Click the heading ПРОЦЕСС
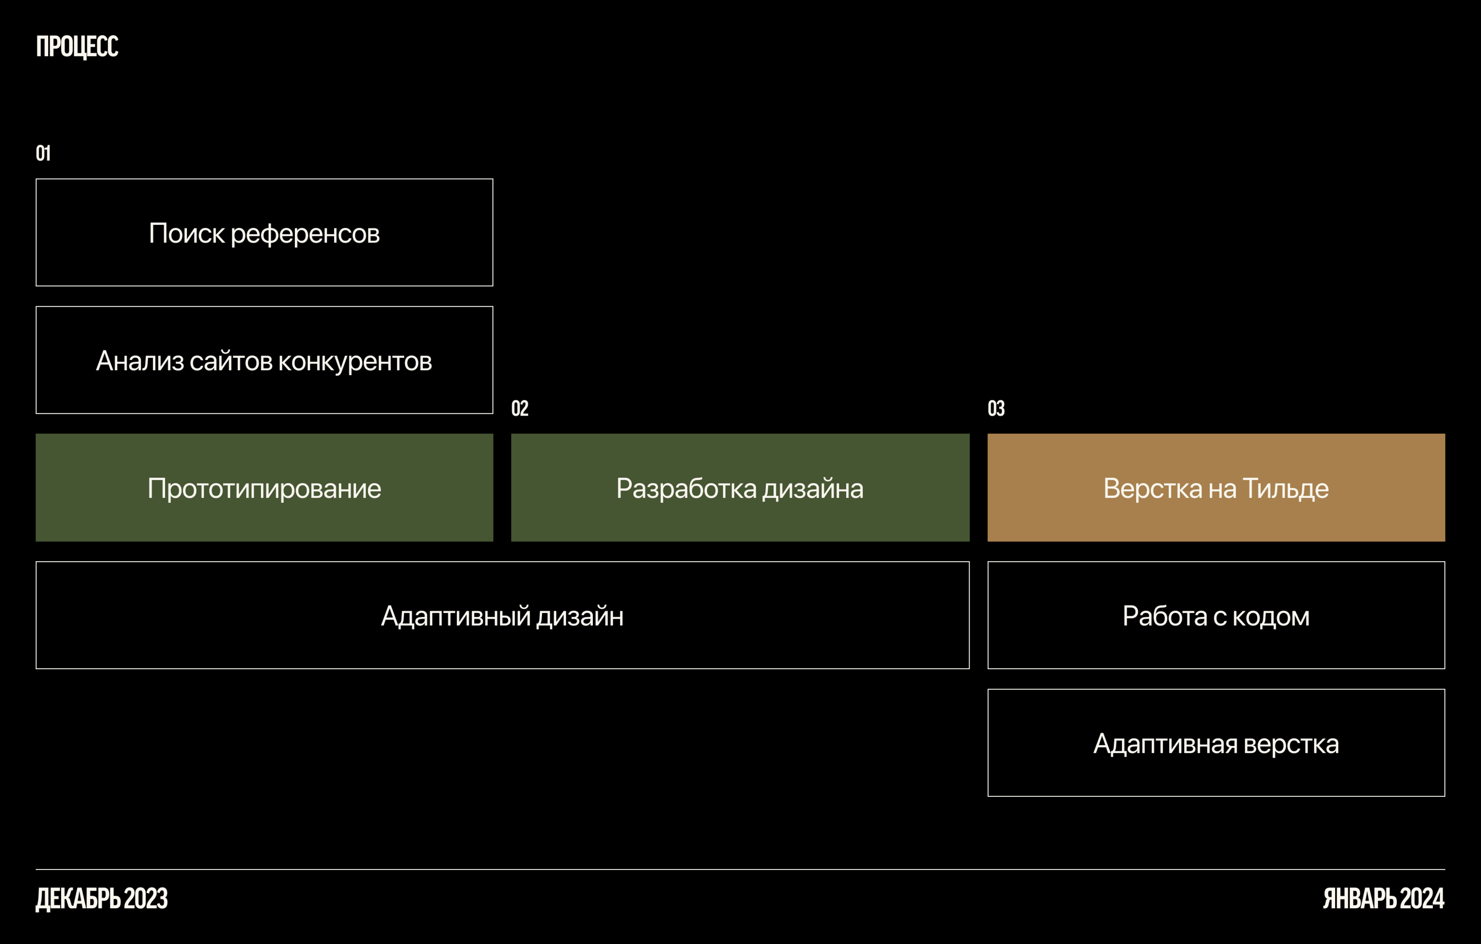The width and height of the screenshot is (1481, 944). click(x=77, y=47)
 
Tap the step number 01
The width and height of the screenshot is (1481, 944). click(x=43, y=153)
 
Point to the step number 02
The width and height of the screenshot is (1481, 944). click(x=520, y=408)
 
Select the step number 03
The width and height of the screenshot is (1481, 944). click(x=996, y=408)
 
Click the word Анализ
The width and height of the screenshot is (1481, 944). click(x=140, y=361)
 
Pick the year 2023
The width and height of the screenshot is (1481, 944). click(x=146, y=899)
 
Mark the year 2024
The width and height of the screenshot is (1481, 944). click(x=1422, y=899)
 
